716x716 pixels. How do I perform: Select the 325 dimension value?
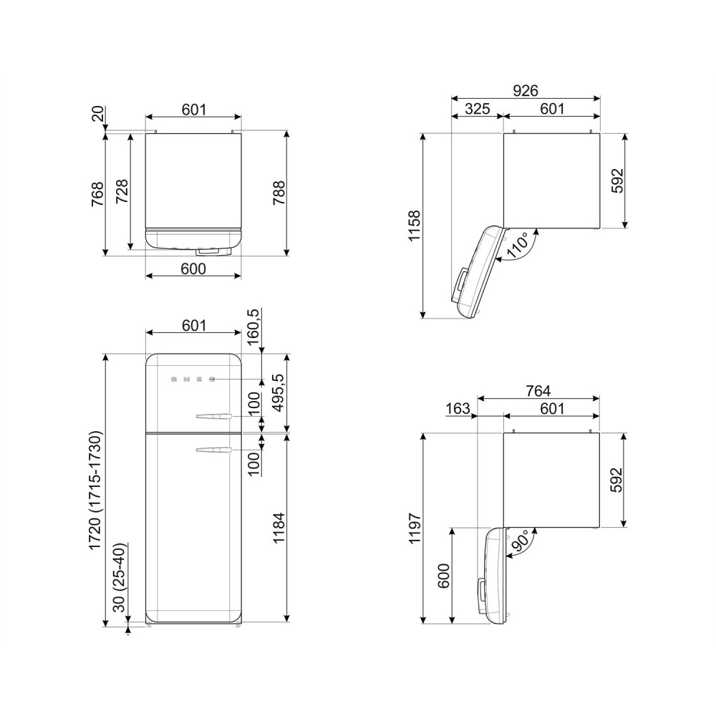pos(477,109)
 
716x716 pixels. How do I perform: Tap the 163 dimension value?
pos(458,409)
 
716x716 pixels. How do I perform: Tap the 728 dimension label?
pos(122,191)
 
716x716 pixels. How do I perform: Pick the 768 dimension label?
pos(97,193)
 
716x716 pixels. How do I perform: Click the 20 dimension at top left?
pos(97,114)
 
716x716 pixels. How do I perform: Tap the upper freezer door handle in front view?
pos(212,415)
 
